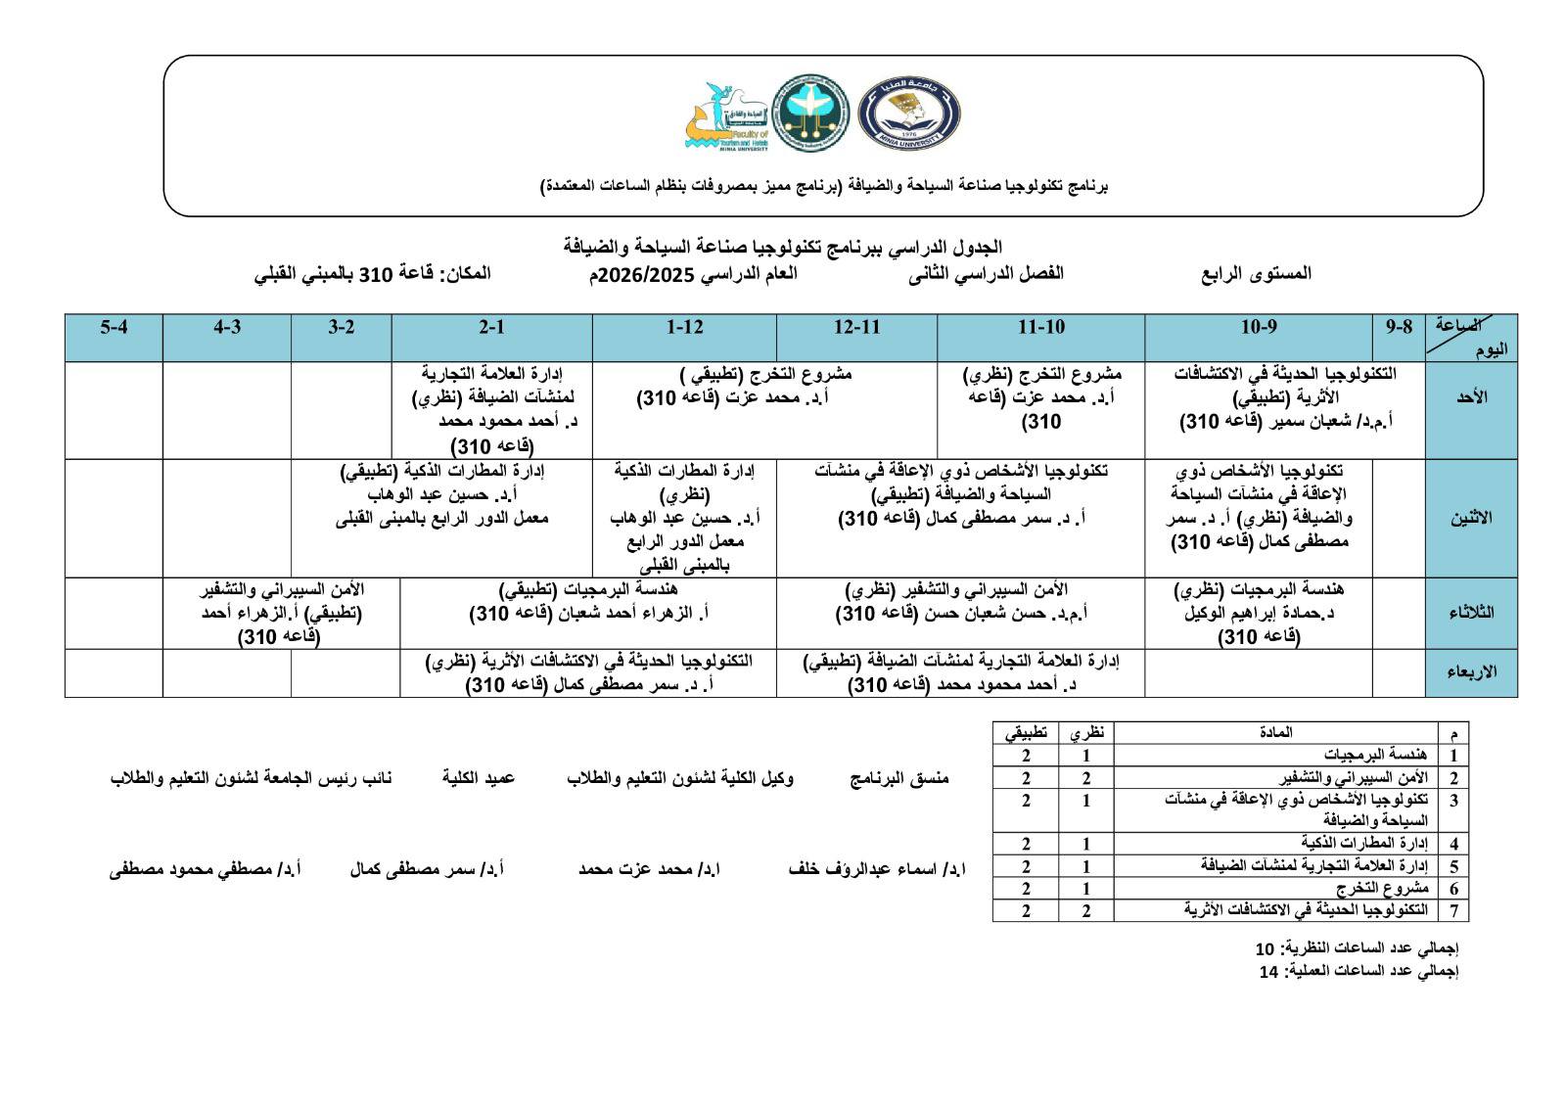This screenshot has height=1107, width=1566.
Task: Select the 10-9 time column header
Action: (1259, 327)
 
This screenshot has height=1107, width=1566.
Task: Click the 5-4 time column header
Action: (114, 327)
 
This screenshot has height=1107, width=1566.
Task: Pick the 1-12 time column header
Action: (684, 327)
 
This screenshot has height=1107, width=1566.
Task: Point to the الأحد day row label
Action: (1471, 397)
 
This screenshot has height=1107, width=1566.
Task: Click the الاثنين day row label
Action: (1471, 518)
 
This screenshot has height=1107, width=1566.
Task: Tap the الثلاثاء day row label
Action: (1471, 613)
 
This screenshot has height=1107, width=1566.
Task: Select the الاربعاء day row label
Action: (1471, 672)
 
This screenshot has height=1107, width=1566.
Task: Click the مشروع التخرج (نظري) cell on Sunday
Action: (1041, 397)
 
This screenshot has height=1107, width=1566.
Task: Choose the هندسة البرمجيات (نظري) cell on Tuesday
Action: (1259, 613)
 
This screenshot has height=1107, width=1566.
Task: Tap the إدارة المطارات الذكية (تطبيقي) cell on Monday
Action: (442, 494)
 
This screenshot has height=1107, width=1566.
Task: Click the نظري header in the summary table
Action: (1085, 732)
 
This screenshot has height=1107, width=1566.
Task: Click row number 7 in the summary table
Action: (1453, 910)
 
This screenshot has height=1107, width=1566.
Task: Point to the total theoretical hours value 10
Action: (1266, 948)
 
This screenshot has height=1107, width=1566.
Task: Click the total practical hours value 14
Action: (1268, 972)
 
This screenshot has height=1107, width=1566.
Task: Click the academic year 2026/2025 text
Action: (642, 274)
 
